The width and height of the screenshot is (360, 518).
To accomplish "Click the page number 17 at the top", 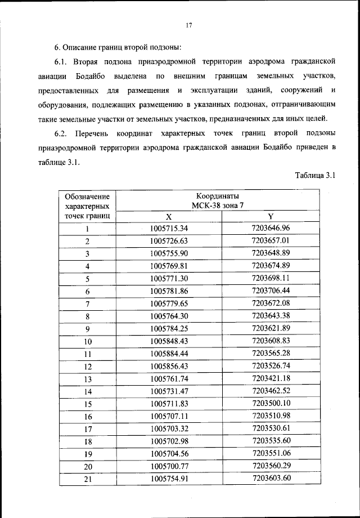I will [189, 25].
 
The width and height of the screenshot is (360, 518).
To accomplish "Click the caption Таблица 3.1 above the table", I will [315, 176].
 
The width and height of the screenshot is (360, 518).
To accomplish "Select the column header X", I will [169, 217].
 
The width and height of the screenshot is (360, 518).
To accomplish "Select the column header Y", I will [271, 217].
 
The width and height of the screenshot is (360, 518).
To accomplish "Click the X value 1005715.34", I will [169, 229].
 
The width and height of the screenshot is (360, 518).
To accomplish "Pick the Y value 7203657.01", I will [271, 241].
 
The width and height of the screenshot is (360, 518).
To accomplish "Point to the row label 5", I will [88, 279].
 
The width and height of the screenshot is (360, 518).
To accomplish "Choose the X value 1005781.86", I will [169, 291].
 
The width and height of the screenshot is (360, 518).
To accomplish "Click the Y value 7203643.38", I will [271, 316].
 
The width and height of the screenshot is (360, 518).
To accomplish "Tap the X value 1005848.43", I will [169, 341].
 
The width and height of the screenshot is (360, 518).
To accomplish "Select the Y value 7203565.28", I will [271, 354].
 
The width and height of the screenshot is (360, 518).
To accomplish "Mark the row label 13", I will [88, 379].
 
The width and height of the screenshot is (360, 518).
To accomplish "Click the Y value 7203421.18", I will [271, 378].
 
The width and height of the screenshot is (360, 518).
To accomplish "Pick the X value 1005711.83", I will [169, 404].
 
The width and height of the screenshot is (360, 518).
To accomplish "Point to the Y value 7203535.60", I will [271, 441].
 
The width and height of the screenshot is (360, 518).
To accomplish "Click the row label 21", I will [88, 479].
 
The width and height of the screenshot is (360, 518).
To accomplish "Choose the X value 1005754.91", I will [169, 479].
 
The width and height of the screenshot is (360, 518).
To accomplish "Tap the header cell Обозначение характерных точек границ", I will [87, 206].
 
